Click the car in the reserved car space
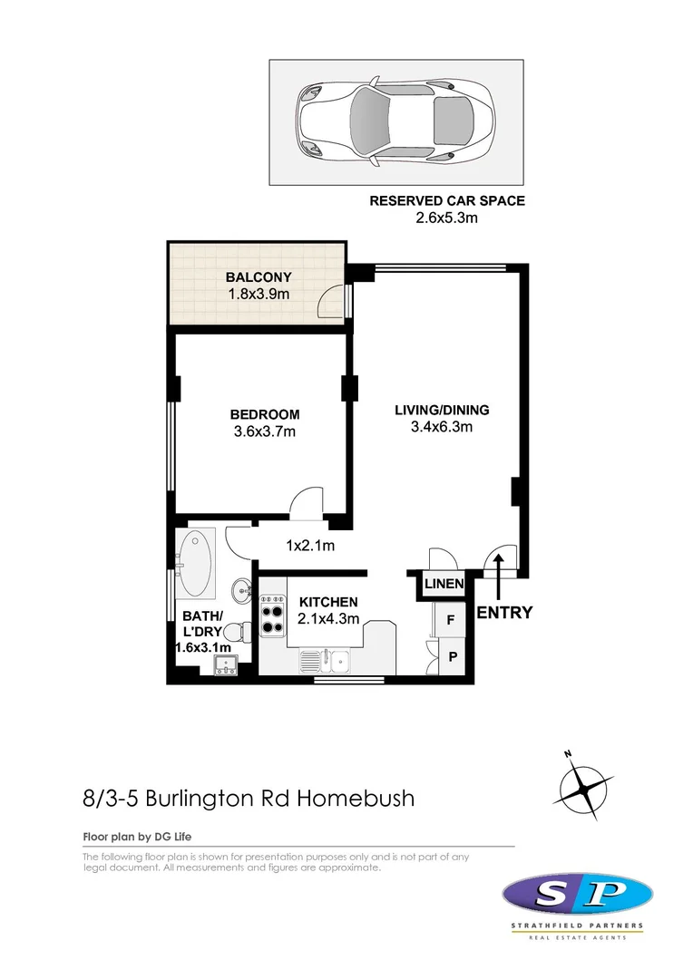[x=395, y=121]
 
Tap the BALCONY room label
[x=259, y=277]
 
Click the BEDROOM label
[x=265, y=415]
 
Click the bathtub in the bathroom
[x=195, y=559]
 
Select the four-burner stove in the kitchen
[x=273, y=617]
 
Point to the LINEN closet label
[x=444, y=584]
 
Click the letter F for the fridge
[x=450, y=621]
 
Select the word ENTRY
[x=504, y=613]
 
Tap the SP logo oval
[x=577, y=897]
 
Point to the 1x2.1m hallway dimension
[x=311, y=546]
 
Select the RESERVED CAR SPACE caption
[x=447, y=201]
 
